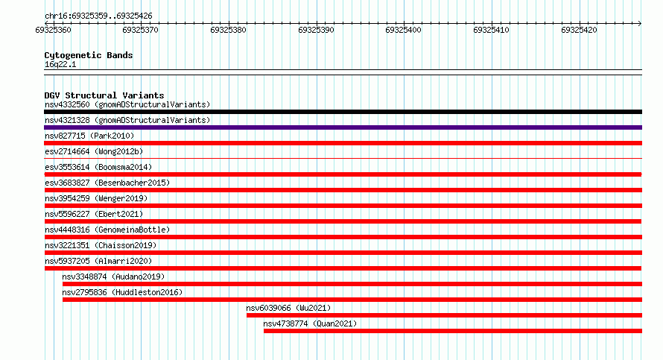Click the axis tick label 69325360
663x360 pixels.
[54, 30]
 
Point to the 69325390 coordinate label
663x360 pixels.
[316, 30]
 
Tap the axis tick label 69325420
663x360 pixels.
[579, 30]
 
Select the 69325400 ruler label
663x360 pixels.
[403, 30]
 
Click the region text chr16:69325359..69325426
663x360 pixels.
[98, 16]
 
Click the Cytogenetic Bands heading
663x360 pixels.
[89, 55]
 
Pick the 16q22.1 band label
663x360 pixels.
[60, 64]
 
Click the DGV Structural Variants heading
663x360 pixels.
[104, 95]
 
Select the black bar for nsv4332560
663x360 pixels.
[343, 112]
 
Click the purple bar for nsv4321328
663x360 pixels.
[343, 127]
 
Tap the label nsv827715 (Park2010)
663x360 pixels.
[89, 136]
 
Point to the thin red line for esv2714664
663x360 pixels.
[343, 159]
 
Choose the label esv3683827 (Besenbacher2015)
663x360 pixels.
[107, 183]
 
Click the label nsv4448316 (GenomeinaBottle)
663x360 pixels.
[107, 230]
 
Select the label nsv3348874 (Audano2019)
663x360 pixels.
[113, 277]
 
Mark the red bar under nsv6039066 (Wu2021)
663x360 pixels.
[445, 315]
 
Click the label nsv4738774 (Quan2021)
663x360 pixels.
[310, 323]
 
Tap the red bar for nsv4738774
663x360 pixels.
[453, 331]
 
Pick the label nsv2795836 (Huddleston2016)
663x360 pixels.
[122, 292]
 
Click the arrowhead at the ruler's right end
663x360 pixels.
[640, 23]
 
